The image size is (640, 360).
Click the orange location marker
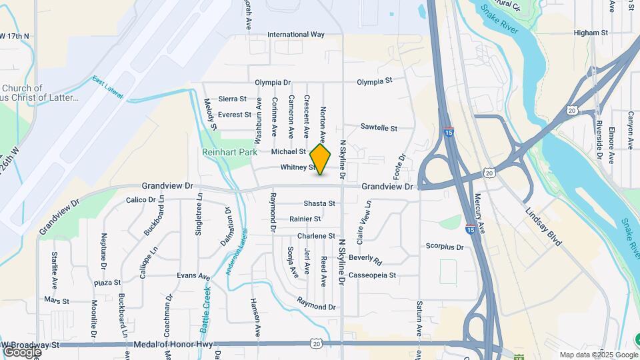[x=321, y=160]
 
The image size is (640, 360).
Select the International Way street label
[x=295, y=35]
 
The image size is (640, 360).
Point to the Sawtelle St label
[x=379, y=127]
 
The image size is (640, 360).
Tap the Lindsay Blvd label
[x=542, y=227]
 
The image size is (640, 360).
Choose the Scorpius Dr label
[x=444, y=247]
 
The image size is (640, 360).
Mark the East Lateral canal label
[x=108, y=87]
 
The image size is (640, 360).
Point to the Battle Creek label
[x=205, y=307]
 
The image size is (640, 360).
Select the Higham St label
[x=591, y=32]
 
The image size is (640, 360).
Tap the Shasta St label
[x=319, y=203]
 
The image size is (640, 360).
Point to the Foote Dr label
[x=402, y=166]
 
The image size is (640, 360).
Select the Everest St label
[x=233, y=115]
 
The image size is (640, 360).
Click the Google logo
[x=22, y=351]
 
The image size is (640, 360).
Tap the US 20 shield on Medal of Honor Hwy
[x=315, y=343]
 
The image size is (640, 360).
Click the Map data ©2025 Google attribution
[x=598, y=355]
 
